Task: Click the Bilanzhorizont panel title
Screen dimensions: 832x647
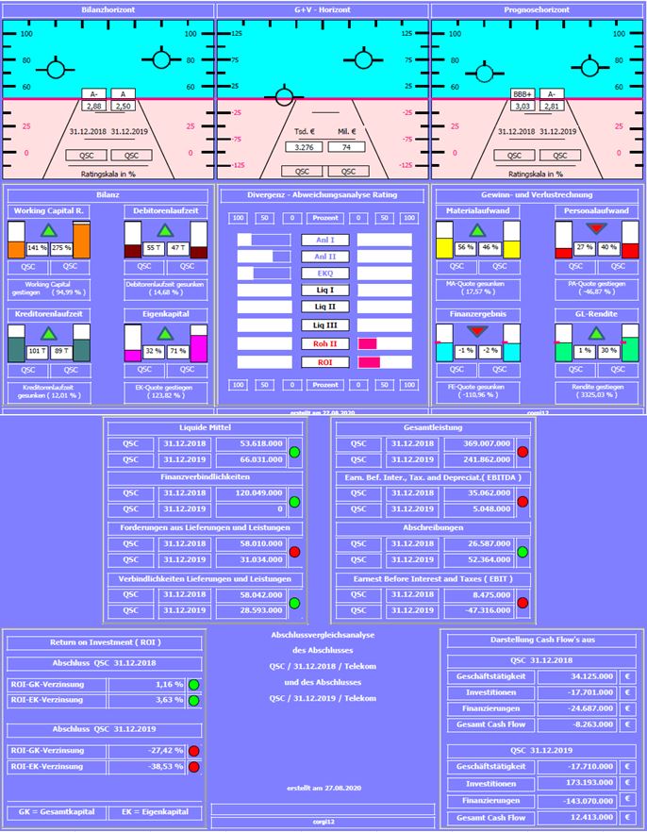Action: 108,10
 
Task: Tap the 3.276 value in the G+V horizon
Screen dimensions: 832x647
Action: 305,147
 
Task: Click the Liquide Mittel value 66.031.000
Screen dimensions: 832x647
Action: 250,459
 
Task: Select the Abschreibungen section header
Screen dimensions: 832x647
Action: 433,528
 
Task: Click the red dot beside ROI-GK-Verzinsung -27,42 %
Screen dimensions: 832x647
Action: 194,751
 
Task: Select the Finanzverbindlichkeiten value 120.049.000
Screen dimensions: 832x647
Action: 250,492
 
